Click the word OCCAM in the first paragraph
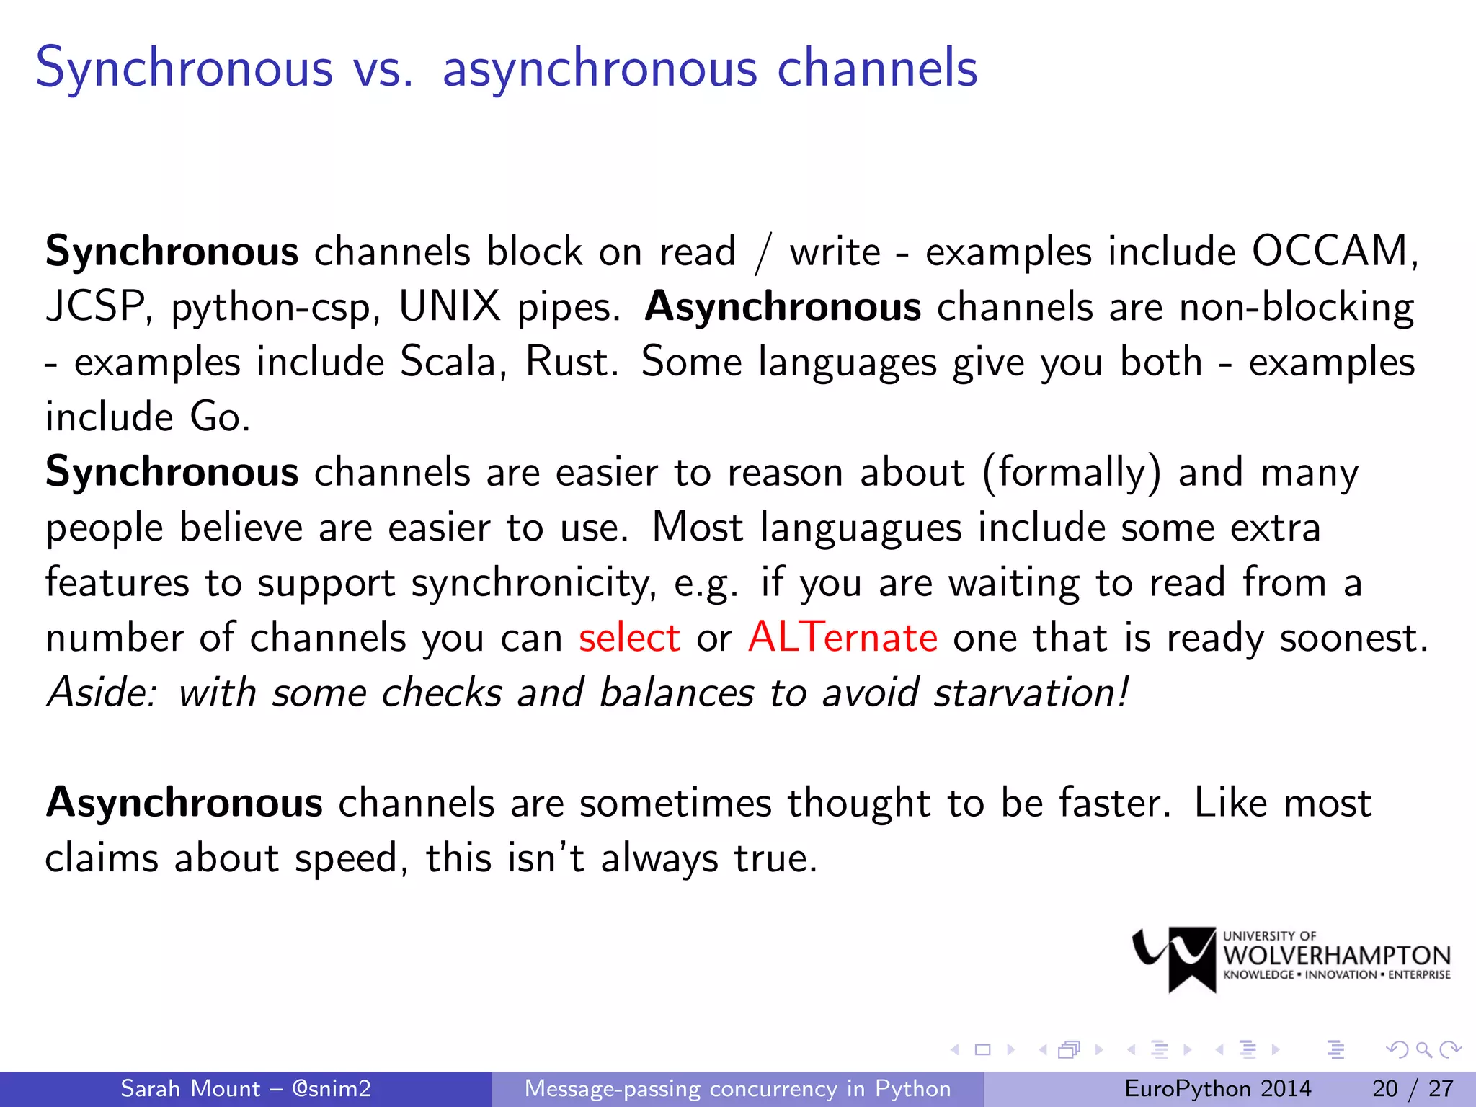(x=1330, y=252)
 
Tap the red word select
(x=629, y=638)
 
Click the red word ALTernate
(x=843, y=638)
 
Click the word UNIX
(x=450, y=307)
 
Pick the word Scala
(x=448, y=362)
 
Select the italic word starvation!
(x=1031, y=693)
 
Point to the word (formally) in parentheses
(x=1072, y=474)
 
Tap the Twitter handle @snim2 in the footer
(x=331, y=1088)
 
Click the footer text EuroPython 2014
(x=1217, y=1088)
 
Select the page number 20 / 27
(x=1413, y=1088)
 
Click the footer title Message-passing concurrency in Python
(x=737, y=1088)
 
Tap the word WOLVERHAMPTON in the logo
(x=1336, y=956)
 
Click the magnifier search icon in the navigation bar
(x=1423, y=1049)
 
